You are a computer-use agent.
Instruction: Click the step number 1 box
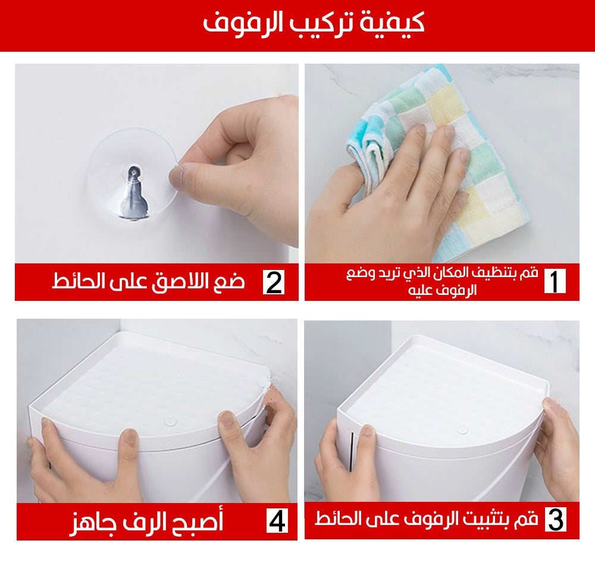pyautogui.click(x=555, y=281)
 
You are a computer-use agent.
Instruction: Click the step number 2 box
pyautogui.click(x=274, y=282)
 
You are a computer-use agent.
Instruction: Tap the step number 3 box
pyautogui.click(x=556, y=519)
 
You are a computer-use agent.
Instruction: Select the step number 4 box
pyautogui.click(x=277, y=521)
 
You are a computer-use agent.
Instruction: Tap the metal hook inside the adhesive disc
pyautogui.click(x=133, y=192)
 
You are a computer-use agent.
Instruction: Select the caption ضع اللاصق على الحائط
pyautogui.click(x=148, y=282)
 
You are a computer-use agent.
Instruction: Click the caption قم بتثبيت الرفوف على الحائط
pyautogui.click(x=427, y=519)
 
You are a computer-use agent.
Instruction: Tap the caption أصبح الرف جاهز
pyautogui.click(x=146, y=522)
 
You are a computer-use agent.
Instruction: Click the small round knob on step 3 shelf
pyautogui.click(x=462, y=430)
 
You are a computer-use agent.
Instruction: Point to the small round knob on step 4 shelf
pyautogui.click(x=170, y=421)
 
